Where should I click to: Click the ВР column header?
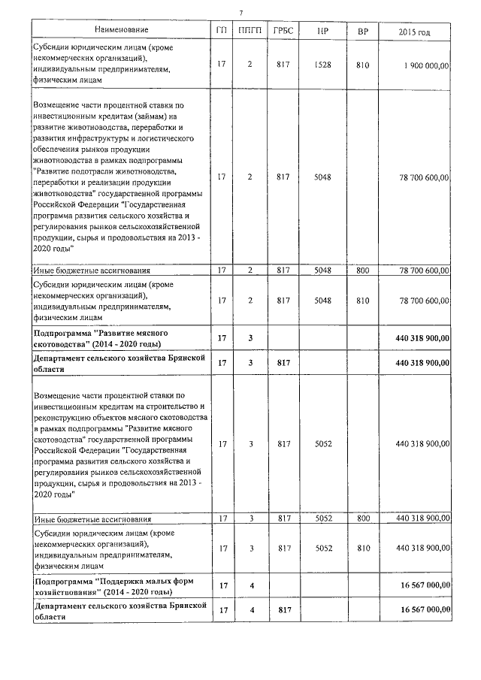[363, 30]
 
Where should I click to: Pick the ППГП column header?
[250, 30]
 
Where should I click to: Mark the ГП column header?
[221, 30]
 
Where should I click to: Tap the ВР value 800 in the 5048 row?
[363, 270]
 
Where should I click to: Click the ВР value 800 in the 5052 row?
[363, 518]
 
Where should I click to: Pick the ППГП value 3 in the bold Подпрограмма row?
[250, 338]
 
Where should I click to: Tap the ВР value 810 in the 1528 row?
[363, 65]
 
